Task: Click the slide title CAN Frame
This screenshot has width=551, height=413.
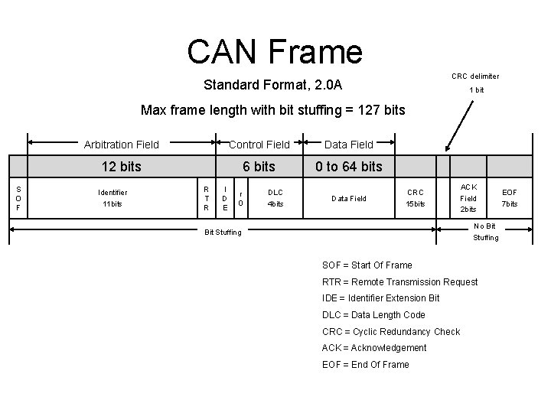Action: pos(274,51)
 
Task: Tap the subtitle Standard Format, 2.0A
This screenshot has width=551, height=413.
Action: pos(272,84)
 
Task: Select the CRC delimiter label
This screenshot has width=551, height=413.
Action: pos(475,76)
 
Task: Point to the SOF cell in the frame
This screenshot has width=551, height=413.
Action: pos(18,198)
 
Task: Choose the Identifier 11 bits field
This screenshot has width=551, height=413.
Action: pos(112,198)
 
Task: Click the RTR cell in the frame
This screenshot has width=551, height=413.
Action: pos(205,198)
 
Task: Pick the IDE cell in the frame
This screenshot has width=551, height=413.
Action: pos(224,198)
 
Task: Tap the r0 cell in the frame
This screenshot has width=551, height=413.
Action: pos(241,198)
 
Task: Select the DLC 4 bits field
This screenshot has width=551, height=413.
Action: pos(275,198)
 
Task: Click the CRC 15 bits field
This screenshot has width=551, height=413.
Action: pos(416,198)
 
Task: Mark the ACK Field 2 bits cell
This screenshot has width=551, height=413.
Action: pos(469,198)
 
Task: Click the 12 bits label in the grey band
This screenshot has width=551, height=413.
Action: pos(122,167)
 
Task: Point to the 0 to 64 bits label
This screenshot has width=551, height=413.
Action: pos(349,167)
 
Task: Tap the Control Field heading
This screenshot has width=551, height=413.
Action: pos(259,144)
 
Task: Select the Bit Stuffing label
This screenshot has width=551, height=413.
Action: pos(223,232)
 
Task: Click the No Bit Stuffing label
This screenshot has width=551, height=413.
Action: pos(485,232)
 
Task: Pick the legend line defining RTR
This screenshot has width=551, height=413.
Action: pos(400,282)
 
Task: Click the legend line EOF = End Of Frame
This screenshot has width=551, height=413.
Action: pos(366,365)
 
